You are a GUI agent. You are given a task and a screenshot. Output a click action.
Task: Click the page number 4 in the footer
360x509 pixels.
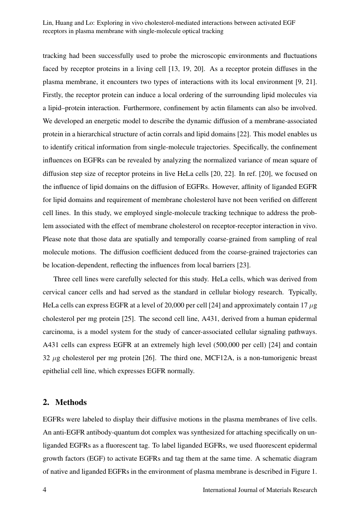tap(44, 490)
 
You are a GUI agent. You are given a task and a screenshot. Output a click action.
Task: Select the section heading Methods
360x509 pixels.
tap(71, 402)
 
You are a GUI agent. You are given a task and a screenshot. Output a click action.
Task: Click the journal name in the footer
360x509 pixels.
tap(260, 490)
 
